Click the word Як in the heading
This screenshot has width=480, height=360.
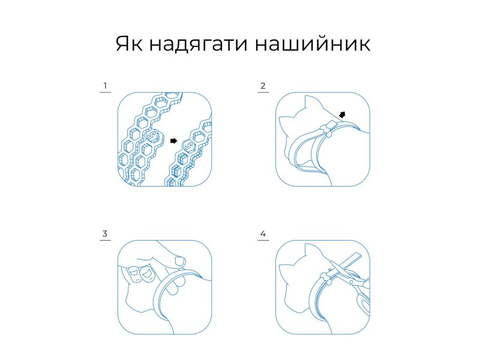129,44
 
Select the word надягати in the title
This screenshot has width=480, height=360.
199,44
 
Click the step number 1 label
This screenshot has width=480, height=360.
105,86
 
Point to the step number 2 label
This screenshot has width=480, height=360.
263,86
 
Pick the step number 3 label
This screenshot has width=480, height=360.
105,234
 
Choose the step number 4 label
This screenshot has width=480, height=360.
263,234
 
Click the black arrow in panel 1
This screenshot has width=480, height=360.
173,141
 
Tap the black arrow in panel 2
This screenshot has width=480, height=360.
342,115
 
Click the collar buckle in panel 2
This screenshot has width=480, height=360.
327,129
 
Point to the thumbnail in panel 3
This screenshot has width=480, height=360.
179,262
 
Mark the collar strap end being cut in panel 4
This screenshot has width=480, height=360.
352,260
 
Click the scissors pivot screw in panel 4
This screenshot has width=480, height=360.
352,282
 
